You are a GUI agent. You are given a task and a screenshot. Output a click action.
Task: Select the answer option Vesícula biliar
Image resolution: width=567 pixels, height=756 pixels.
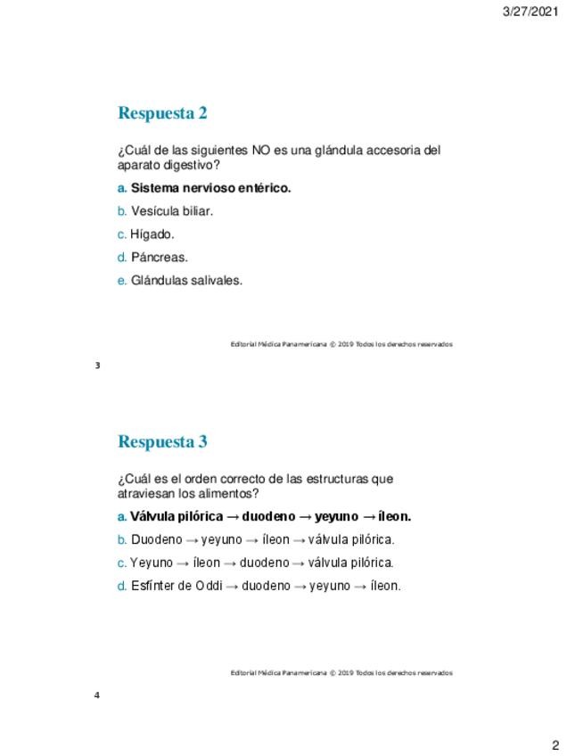click(172, 211)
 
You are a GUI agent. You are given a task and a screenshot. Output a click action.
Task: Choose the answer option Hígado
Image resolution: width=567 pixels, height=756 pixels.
click(152, 234)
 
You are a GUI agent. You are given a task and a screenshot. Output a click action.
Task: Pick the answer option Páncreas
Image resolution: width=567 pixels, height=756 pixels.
click(160, 258)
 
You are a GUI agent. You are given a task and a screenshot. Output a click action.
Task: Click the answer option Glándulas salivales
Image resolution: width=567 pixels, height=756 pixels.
click(186, 280)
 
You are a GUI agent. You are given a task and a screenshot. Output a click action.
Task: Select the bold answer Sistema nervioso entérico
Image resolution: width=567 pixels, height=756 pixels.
click(211, 188)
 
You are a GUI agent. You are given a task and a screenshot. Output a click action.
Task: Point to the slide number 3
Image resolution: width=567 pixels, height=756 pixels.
click(97, 366)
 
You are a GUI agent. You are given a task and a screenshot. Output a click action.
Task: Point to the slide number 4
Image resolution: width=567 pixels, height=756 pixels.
click(97, 694)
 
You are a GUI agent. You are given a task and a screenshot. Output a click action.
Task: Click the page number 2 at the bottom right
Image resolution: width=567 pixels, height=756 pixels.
click(555, 745)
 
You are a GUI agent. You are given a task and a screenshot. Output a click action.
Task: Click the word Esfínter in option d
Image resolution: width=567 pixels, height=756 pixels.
click(152, 586)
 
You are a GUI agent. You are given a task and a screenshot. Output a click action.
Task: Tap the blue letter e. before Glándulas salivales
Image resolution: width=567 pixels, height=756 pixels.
click(122, 280)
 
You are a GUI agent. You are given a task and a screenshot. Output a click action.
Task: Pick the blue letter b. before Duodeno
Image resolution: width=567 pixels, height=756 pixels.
click(122, 539)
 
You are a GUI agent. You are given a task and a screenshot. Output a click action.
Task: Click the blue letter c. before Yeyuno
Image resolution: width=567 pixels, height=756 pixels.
click(122, 563)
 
